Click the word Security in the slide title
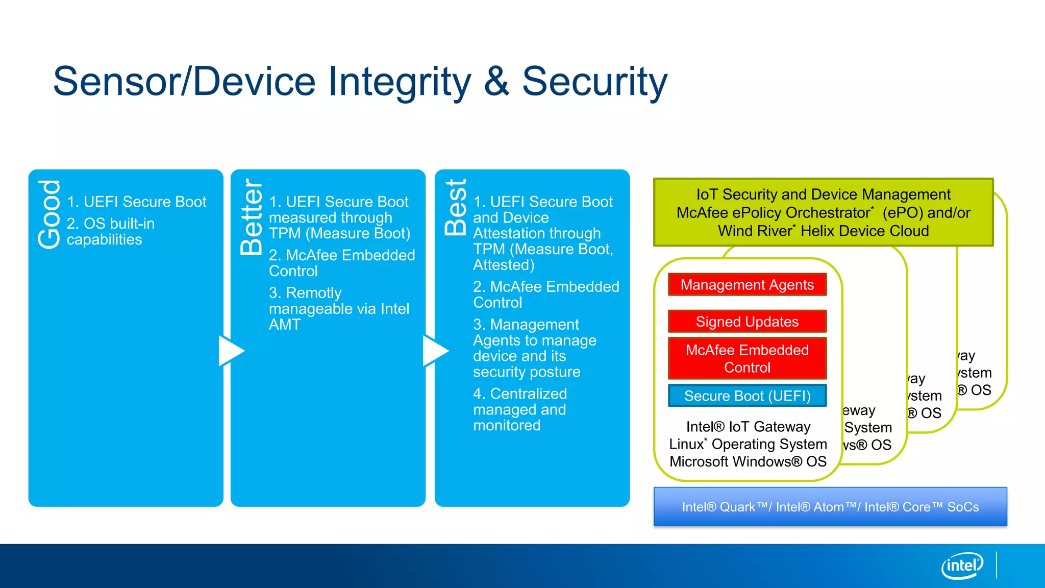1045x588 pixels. pos(594,82)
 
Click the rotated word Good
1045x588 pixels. pos(49,214)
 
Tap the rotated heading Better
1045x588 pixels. pos(251,217)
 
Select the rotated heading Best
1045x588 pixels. pos(455,207)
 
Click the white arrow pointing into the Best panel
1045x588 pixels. pos(435,351)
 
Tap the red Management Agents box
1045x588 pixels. pos(747,285)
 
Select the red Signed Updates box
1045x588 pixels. pos(747,322)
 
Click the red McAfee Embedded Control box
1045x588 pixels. pos(747,358)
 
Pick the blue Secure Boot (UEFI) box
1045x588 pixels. pos(747,396)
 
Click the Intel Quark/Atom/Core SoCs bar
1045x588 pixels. pos(830,507)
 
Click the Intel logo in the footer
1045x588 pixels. pos(962,566)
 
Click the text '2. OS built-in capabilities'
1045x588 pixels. pos(111,231)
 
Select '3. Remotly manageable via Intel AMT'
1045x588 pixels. pos(338,308)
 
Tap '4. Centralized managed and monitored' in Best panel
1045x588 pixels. pos(519,409)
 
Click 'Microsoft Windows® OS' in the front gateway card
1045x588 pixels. pos(748,461)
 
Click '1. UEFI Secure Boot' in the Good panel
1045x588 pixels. pos(137,202)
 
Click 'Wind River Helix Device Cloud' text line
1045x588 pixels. pos(823,231)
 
